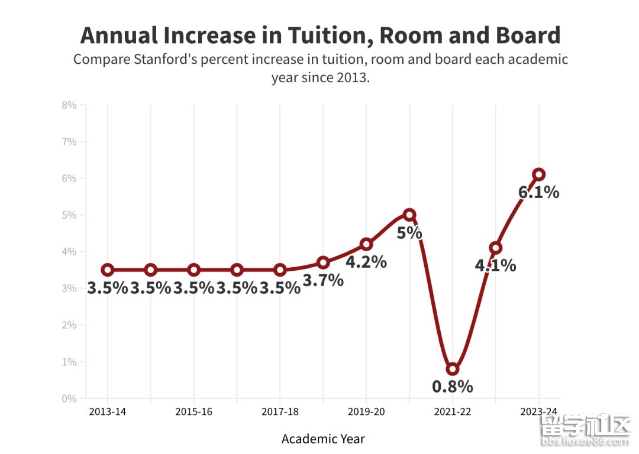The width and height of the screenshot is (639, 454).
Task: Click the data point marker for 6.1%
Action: [538, 174]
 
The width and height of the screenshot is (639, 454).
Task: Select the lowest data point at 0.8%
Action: [453, 369]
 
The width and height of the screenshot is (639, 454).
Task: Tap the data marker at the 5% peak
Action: [409, 215]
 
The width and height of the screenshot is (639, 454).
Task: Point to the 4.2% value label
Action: [366, 262]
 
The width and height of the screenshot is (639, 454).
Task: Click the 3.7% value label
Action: [323, 280]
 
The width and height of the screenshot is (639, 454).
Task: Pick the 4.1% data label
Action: [495, 265]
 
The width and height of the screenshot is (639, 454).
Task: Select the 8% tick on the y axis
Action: [69, 105]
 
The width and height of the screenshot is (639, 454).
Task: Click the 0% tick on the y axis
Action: [69, 398]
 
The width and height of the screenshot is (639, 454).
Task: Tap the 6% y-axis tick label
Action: [69, 179]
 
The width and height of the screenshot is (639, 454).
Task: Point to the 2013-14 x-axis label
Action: [108, 412]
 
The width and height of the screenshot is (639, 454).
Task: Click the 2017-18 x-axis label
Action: [280, 412]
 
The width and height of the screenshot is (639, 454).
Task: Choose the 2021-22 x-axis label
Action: [453, 412]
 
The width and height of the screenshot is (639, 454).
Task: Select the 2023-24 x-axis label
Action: [538, 412]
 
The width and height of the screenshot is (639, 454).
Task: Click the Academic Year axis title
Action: [323, 439]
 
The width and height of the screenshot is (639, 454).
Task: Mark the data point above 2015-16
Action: [193, 270]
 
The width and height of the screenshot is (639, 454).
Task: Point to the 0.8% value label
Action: [453, 387]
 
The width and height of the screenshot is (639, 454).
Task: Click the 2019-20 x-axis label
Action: [366, 412]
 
